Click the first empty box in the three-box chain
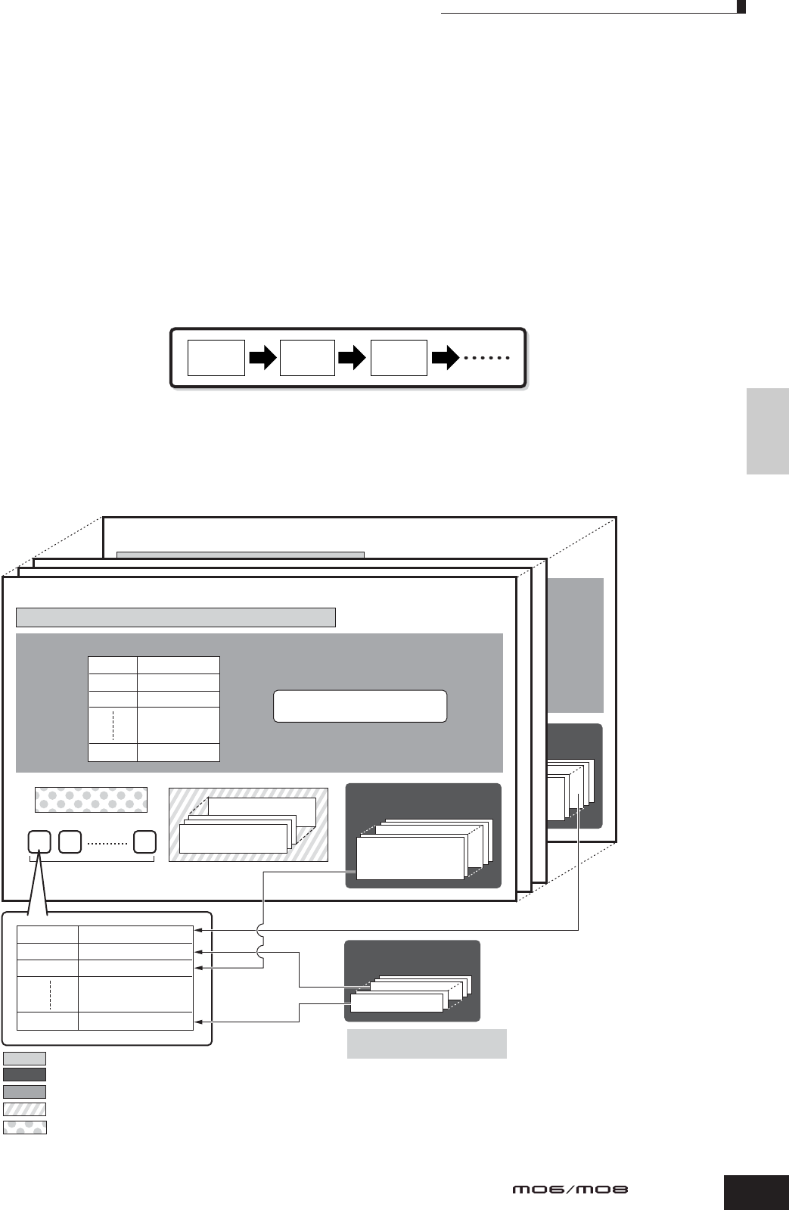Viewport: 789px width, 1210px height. [216, 358]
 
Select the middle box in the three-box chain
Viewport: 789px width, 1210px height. [307, 358]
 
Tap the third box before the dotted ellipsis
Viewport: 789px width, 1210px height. [399, 358]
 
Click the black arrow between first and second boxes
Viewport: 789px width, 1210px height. [262, 358]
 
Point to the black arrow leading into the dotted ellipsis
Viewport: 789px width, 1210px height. [445, 358]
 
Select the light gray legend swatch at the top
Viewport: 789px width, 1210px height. [24, 1058]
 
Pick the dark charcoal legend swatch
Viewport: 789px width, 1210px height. [24, 1074]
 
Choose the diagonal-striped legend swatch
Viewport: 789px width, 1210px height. [24, 1109]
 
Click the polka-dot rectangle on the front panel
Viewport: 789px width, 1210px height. [91, 800]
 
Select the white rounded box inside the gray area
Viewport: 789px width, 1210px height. [359, 706]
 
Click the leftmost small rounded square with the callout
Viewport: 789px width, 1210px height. [39, 841]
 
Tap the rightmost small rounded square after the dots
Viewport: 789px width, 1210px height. [144, 841]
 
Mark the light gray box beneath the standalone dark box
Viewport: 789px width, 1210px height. [427, 1044]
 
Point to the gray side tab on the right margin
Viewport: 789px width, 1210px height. [767, 431]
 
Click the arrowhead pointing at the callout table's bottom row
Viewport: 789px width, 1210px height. [198, 1020]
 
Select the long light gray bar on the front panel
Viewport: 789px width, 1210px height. [176, 617]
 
